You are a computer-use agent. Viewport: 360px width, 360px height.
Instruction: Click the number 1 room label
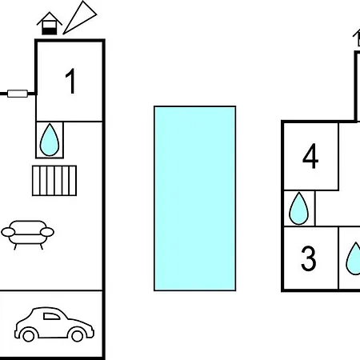coord(71,81)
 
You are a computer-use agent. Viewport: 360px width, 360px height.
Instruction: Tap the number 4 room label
coord(310,156)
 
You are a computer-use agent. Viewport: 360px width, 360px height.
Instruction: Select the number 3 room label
coord(309,258)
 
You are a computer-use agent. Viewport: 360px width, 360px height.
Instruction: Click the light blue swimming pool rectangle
coord(194,198)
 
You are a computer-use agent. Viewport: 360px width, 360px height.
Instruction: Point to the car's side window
coord(51,316)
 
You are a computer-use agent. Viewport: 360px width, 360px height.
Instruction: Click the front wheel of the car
coord(77,335)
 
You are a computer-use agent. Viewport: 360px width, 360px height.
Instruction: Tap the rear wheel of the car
coord(28,335)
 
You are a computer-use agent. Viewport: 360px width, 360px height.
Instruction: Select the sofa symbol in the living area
coord(28,234)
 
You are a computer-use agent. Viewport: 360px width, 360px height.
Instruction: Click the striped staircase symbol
coord(54,181)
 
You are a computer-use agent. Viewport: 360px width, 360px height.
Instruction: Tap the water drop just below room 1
coord(50,140)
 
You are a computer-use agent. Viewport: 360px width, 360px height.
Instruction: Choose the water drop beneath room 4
coord(298,209)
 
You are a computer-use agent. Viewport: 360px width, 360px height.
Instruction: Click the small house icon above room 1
coord(50,23)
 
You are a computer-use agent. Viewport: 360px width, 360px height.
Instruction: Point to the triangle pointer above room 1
coord(80,18)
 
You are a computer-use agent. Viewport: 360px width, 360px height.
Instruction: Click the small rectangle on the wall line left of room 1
coord(18,94)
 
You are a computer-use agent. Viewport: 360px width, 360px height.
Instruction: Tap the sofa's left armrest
coord(8,232)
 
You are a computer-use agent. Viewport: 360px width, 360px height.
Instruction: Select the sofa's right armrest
coord(47,232)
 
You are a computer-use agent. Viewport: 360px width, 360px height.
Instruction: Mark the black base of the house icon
coord(50,31)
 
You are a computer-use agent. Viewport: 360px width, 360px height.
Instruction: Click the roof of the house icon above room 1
coord(50,18)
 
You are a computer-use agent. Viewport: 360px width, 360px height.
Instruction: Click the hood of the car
coord(80,324)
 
